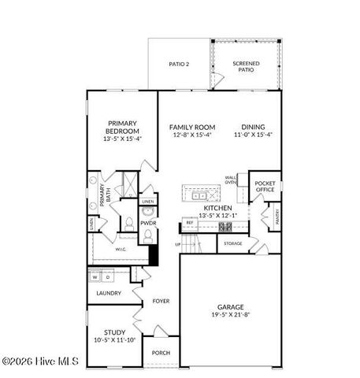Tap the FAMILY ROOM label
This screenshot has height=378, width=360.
click(193, 127)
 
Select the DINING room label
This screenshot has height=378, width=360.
click(253, 127)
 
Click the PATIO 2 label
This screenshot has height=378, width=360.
click(179, 65)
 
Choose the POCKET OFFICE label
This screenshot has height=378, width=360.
click(265, 187)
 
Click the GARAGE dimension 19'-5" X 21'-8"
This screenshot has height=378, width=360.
click(230, 315)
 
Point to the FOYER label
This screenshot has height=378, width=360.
click(161, 301)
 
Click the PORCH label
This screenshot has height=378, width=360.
click(161, 352)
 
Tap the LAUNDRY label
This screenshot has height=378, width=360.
click(109, 293)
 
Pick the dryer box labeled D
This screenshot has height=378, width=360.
click(109, 277)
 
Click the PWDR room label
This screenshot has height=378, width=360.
click(149, 223)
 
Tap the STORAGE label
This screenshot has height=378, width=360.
click(232, 243)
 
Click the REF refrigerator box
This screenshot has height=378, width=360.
click(190, 224)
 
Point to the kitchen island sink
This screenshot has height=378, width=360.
click(199, 193)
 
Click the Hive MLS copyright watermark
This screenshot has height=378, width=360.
click(41, 361)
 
